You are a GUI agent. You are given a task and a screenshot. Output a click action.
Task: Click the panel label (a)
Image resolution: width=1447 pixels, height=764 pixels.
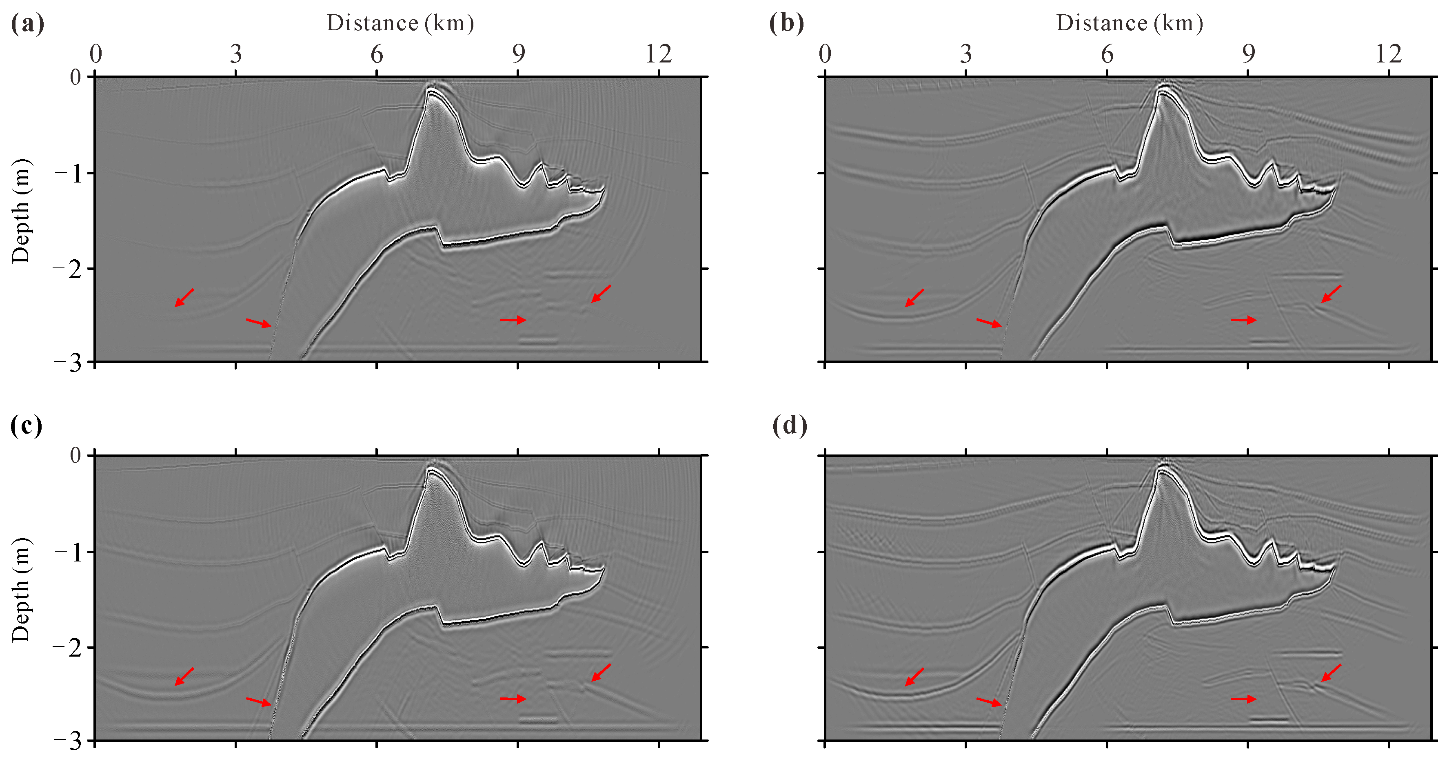27,24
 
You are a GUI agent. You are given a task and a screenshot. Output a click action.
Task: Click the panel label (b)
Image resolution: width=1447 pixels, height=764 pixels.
786,24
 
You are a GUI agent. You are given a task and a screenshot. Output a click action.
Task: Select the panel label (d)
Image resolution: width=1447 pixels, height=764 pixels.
789,425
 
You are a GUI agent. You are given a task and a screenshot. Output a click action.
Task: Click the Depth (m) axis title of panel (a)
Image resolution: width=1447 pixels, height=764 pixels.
21,212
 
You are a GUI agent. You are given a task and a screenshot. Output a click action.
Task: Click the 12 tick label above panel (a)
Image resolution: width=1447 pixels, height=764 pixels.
658,55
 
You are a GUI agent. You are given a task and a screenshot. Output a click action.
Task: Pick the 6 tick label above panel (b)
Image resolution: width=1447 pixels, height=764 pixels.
1107,55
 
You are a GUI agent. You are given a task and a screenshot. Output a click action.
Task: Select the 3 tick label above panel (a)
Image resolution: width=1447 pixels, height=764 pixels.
235,55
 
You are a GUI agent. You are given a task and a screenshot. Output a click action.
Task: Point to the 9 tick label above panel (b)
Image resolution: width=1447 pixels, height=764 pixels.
1248,55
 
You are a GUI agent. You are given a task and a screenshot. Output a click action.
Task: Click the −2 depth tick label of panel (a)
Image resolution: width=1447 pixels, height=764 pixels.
67,269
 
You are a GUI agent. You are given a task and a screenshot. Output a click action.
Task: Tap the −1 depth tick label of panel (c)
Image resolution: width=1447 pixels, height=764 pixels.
67,552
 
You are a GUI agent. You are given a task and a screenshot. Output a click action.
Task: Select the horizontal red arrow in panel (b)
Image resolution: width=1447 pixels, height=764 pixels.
1243,320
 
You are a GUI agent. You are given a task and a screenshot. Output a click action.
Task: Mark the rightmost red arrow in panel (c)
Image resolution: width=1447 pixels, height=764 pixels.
601,673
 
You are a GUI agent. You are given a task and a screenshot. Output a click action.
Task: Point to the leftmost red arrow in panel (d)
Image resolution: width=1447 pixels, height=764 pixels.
914,677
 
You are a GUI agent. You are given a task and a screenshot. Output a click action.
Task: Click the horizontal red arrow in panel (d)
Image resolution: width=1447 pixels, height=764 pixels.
1243,699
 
